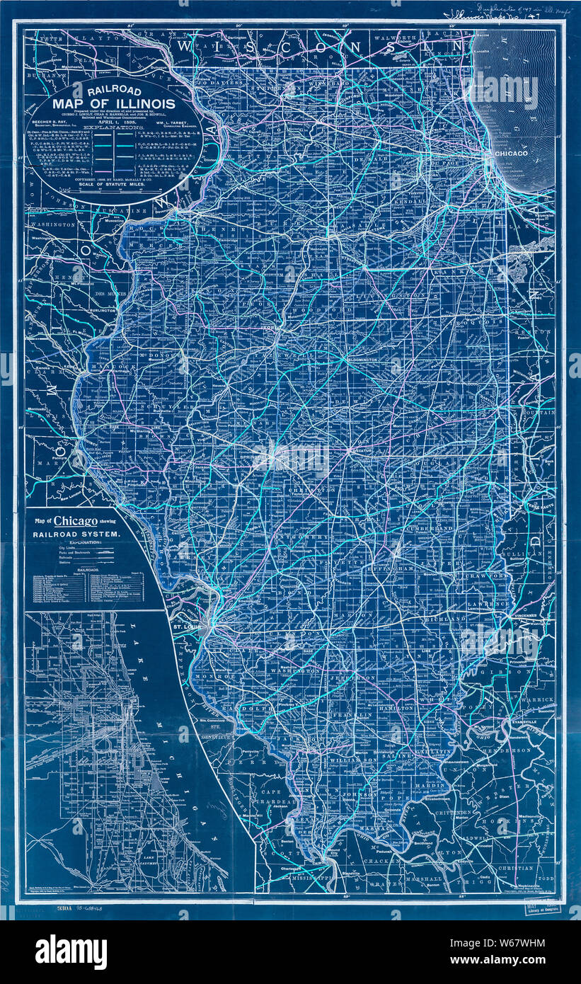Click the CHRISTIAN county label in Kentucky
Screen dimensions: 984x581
[x=514, y=868]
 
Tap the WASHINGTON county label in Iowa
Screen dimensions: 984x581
[x=52, y=224]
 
